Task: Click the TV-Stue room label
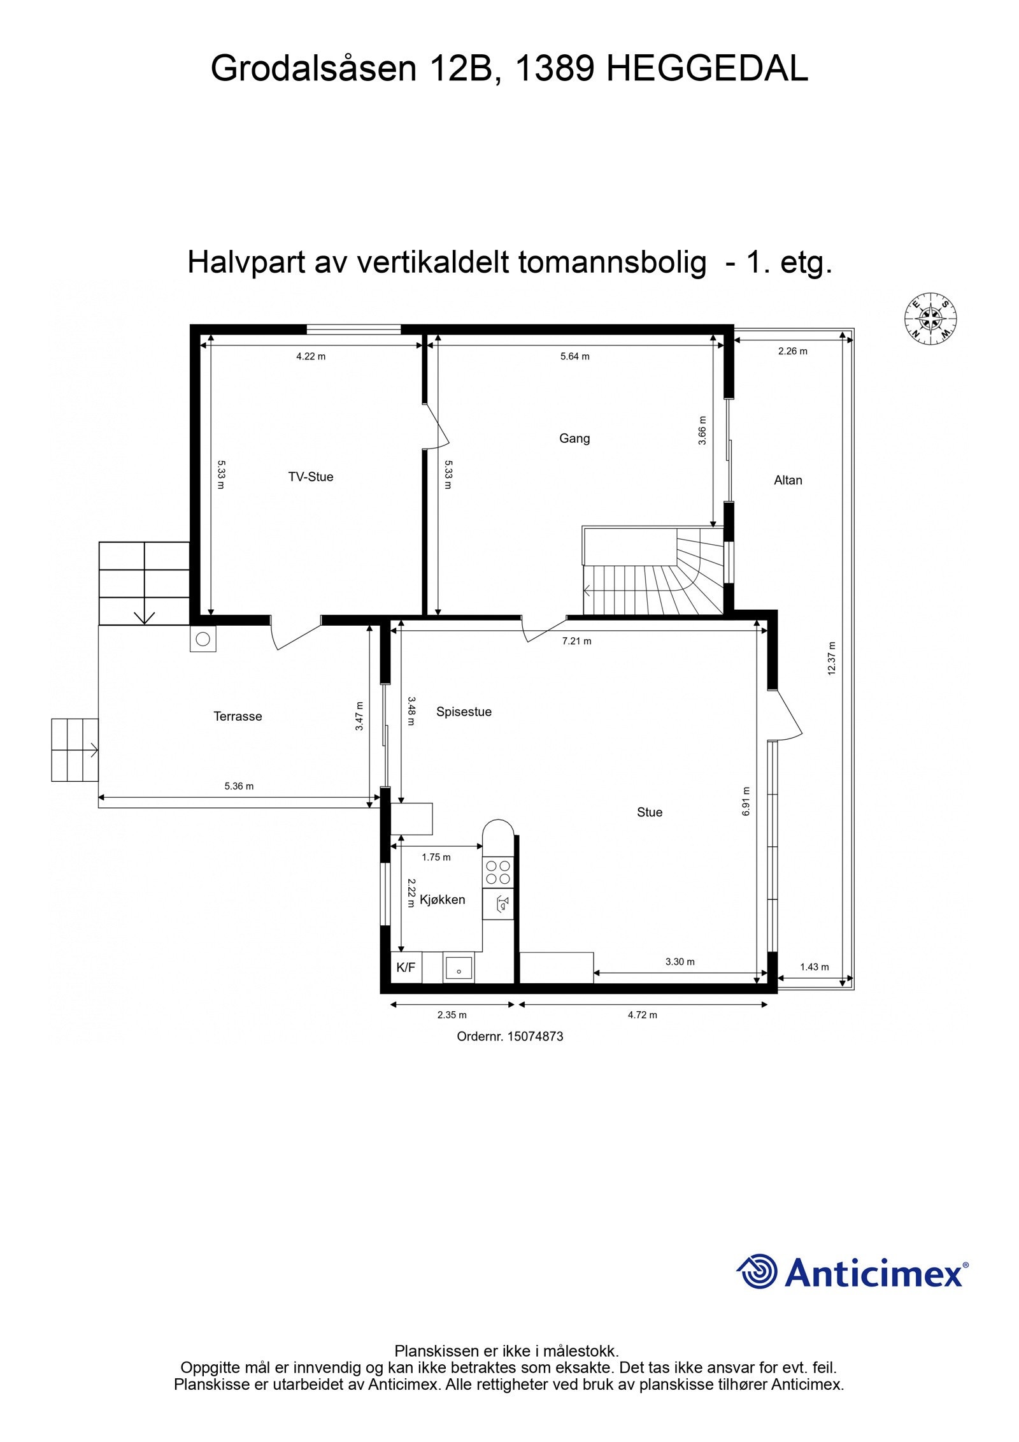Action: pos(310,477)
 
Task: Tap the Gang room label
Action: pos(574,438)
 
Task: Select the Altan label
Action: pos(787,480)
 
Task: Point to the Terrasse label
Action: pos(238,716)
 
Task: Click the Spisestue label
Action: pos(464,712)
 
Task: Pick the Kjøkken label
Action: pos(442,900)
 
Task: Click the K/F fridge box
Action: pos(406,968)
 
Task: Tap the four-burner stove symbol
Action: pos(497,872)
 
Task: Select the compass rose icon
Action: pos(931,318)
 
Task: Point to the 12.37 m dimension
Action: pos(830,658)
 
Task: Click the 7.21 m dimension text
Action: pos(576,641)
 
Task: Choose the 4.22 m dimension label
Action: pos(311,356)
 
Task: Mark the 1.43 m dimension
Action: pos(814,967)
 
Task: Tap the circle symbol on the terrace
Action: pos(203,638)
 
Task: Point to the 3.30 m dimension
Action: pos(680,962)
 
